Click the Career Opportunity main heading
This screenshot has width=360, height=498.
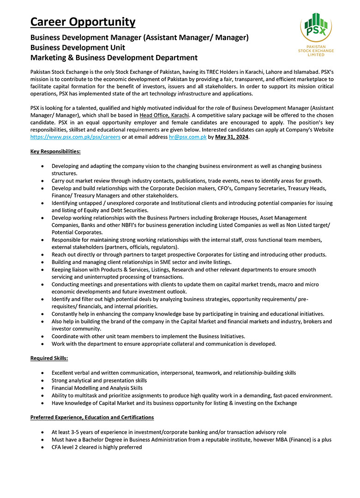click(x=83, y=22)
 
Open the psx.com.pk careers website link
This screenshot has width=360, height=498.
click(x=75, y=138)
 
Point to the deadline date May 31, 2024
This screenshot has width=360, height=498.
click(x=232, y=138)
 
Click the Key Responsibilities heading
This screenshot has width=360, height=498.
click(x=55, y=151)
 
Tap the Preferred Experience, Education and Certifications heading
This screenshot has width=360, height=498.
click(x=92, y=417)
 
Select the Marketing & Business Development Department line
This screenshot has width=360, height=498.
click(x=114, y=58)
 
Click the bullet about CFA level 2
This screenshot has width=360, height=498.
click(x=96, y=447)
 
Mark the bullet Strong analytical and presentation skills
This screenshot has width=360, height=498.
click(x=99, y=380)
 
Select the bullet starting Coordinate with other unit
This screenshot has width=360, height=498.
click(x=148, y=336)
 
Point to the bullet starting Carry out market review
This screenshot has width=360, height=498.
click(x=187, y=180)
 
